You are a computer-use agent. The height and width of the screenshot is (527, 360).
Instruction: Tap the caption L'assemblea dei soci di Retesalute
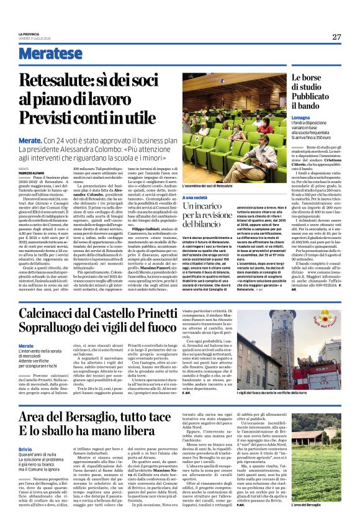coord(207,186)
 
